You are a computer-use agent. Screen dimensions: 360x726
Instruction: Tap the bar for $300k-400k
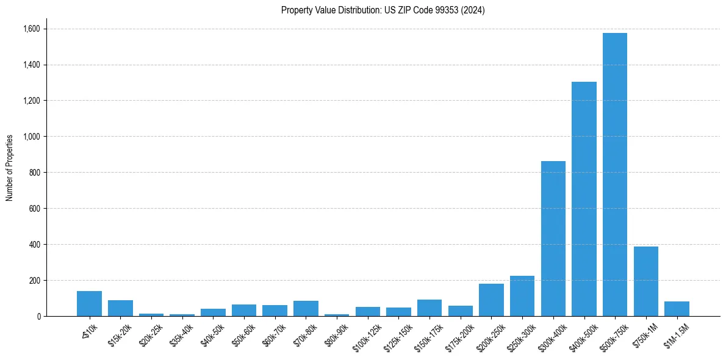pos(553,239)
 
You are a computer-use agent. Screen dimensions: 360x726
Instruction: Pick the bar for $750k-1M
pos(646,281)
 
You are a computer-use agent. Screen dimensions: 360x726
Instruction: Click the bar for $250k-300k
pos(522,296)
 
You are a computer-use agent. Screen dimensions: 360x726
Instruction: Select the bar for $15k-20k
pos(120,308)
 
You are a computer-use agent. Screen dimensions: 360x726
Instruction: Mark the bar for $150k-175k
pos(429,308)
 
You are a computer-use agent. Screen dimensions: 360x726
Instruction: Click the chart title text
pos(383,10)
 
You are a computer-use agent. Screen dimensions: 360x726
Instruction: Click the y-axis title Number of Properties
pos(10,168)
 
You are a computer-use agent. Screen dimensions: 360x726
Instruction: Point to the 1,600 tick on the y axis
pos(31,29)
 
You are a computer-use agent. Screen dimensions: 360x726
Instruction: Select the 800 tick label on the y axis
pos(34,173)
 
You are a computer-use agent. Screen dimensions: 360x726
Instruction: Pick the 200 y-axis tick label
pos(34,281)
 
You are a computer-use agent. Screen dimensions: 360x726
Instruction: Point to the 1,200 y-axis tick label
pos(31,101)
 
